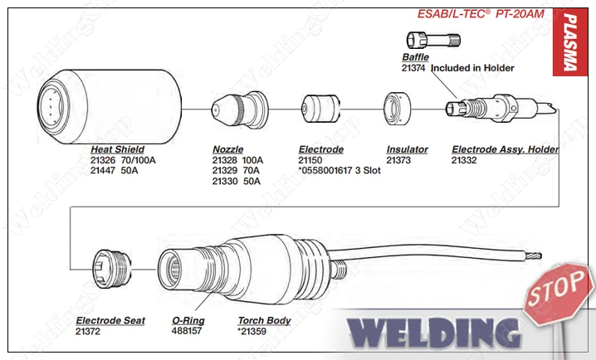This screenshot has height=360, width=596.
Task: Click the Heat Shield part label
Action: coord(117,149)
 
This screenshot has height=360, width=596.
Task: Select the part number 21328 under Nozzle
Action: coord(224,160)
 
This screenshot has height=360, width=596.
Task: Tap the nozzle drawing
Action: coord(240,109)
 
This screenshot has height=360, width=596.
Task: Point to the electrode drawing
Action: coord(320,109)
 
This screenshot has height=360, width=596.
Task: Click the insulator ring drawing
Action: coord(398,109)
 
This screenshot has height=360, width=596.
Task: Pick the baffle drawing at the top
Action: coord(433,40)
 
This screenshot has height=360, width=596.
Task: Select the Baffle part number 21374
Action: coord(413,68)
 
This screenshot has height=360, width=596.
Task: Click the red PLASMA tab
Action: coord(569,42)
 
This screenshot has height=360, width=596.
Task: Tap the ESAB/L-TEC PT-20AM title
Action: coord(481,14)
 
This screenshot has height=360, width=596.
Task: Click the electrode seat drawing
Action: coord(112,269)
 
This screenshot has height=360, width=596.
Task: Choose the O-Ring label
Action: coord(188,320)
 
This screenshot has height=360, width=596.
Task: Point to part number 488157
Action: coord(186,331)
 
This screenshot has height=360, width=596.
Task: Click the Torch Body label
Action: coord(264,320)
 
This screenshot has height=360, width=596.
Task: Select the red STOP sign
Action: coord(558,294)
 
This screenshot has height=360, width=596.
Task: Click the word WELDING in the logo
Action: coord(434,333)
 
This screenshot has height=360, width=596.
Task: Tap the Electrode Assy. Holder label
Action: coord(506,149)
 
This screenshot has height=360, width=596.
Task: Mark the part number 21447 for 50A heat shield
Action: coord(103,171)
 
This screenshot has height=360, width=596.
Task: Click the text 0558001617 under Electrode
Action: coord(326,171)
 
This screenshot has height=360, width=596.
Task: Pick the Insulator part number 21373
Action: coord(398,160)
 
